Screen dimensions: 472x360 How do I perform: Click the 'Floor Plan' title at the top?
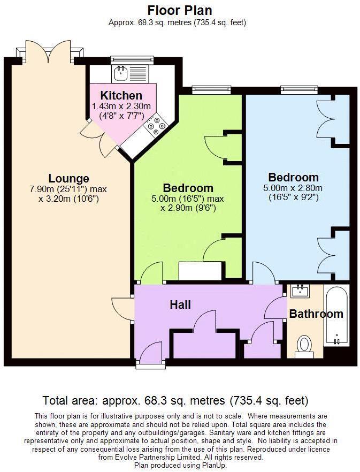click(x=180, y=10)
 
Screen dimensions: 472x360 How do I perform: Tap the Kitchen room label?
click(x=121, y=96)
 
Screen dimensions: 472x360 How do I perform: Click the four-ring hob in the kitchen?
click(x=156, y=125)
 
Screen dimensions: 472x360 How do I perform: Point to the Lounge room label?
click(x=68, y=178)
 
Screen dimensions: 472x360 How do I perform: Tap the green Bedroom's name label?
click(x=188, y=188)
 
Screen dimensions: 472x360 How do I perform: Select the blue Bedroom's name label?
click(x=293, y=177)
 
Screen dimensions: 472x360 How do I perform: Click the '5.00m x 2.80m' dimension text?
click(x=293, y=188)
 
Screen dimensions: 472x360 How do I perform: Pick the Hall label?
click(x=180, y=304)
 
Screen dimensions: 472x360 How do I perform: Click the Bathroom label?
click(x=316, y=314)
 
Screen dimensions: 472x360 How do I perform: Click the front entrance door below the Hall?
click(x=148, y=355)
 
